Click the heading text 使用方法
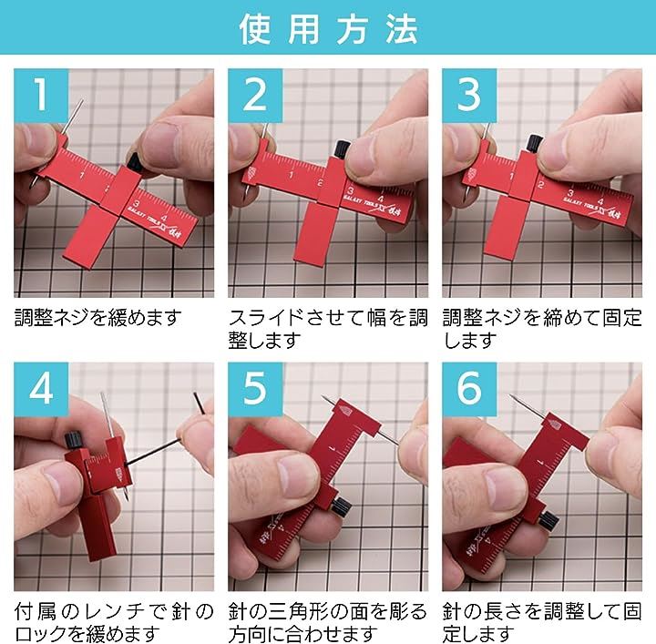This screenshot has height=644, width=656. pyautogui.click(x=328, y=28)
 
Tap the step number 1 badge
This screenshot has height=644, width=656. pyautogui.click(x=41, y=96)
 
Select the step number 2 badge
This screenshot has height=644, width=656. pyautogui.click(x=255, y=96)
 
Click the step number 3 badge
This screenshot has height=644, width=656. pyautogui.click(x=469, y=96)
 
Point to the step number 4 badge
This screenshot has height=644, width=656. pyautogui.click(x=41, y=389)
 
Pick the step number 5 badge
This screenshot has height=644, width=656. pyautogui.click(x=255, y=389)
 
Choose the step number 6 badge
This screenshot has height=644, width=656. pyautogui.click(x=469, y=389)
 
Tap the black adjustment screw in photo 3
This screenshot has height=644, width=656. pyautogui.click(x=534, y=143)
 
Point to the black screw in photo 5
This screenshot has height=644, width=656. pyautogui.click(x=341, y=506)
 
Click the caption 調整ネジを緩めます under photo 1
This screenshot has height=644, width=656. pyautogui.click(x=97, y=318)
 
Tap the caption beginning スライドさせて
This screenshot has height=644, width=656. pyautogui.click(x=328, y=329)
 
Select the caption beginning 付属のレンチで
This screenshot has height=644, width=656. pyautogui.click(x=114, y=622)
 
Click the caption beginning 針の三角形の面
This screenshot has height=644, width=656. pyautogui.click(x=328, y=622)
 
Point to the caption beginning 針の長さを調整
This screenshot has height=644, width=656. pyautogui.click(x=542, y=622)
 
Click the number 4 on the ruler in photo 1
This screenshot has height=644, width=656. pyautogui.click(x=164, y=218)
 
